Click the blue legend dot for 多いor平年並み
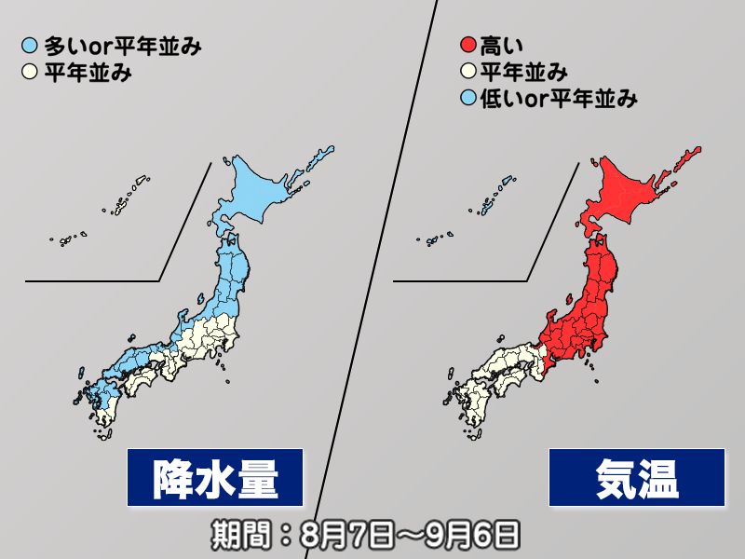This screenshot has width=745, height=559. [31, 45]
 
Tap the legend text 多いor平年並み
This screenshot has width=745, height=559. [120, 45]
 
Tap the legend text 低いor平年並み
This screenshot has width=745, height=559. [558, 97]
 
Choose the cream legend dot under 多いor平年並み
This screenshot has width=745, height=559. [31, 71]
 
